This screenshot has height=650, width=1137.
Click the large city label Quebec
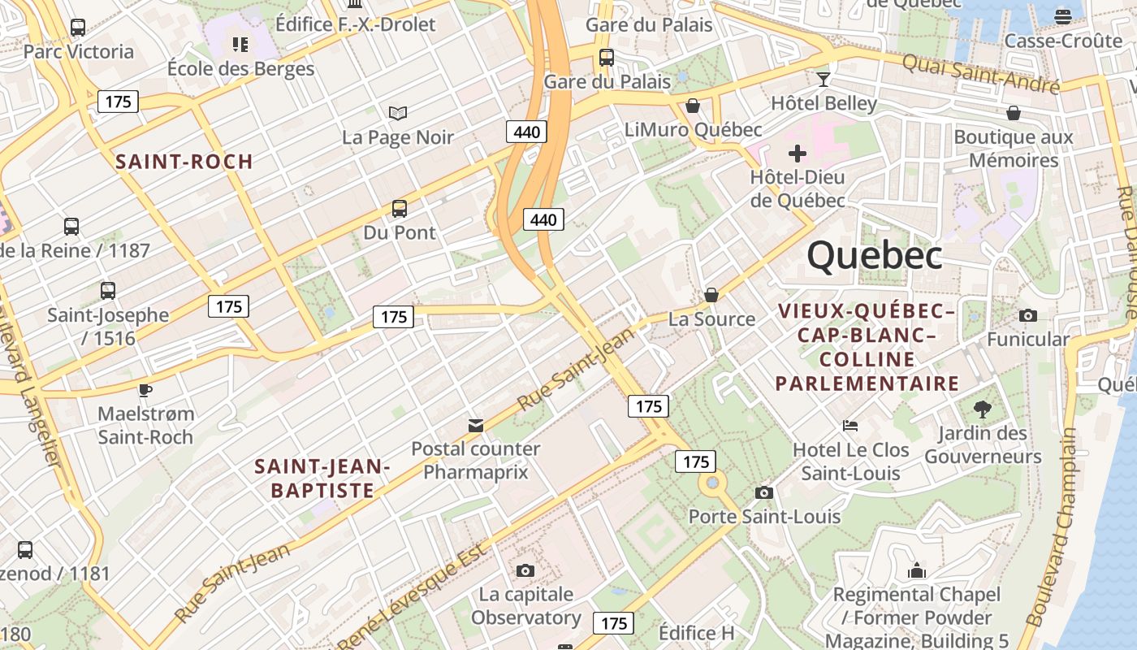(875, 256)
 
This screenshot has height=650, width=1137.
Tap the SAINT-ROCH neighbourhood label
(184, 161)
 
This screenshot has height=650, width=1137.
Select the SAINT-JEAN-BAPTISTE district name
(322, 478)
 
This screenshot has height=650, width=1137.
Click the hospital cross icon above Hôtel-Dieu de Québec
(798, 153)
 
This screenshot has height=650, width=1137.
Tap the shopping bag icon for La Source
(711, 295)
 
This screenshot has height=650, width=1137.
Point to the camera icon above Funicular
(1027, 315)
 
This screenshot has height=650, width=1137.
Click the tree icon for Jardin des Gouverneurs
(982, 409)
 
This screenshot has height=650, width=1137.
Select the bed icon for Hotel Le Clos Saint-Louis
(850, 425)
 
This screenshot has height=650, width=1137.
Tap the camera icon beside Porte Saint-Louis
(763, 492)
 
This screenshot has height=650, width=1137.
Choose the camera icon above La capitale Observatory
(525, 570)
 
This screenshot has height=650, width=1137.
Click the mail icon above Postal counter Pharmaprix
(476, 425)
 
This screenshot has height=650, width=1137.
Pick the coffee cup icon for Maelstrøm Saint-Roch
(145, 390)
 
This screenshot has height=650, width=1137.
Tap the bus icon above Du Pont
(399, 208)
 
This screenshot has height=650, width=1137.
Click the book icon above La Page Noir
(397, 113)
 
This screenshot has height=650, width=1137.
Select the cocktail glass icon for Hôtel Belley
(824, 79)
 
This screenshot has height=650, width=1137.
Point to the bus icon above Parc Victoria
(78, 27)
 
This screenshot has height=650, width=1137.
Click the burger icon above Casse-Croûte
(1063, 16)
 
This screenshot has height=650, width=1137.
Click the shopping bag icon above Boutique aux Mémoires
(1014, 113)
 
